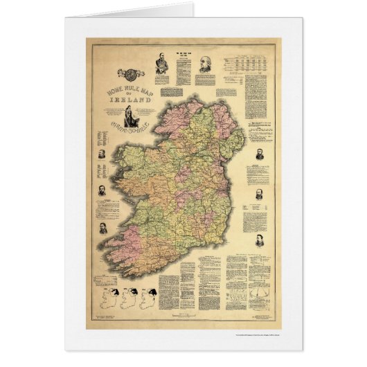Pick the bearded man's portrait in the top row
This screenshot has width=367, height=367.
tap(161, 66)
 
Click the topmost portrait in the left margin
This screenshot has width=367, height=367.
tap(102, 153)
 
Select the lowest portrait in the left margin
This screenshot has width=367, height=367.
tap(102, 227)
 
